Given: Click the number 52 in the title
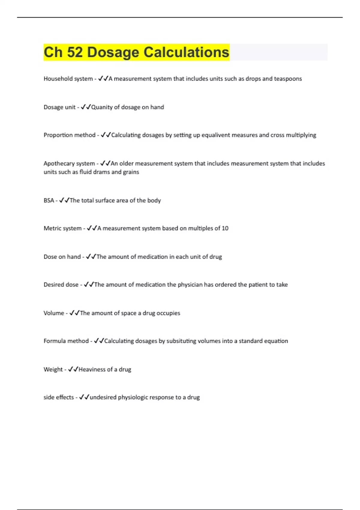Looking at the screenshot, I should click(75, 52).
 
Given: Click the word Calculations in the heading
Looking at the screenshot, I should click(186, 52).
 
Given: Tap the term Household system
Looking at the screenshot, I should click(68, 79).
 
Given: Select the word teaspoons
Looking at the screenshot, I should click(288, 79).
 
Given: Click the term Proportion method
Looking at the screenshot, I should click(70, 135).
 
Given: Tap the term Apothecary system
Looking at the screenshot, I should click(69, 163).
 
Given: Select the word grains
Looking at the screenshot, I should click(131, 172).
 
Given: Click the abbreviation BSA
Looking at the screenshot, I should click(49, 200).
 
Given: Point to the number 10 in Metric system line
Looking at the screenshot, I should click(225, 228).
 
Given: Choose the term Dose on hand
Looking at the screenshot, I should click(62, 257).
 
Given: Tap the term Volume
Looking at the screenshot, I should click(54, 313).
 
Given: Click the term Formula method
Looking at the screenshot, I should click(66, 341).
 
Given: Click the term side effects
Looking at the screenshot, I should click(58, 397).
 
